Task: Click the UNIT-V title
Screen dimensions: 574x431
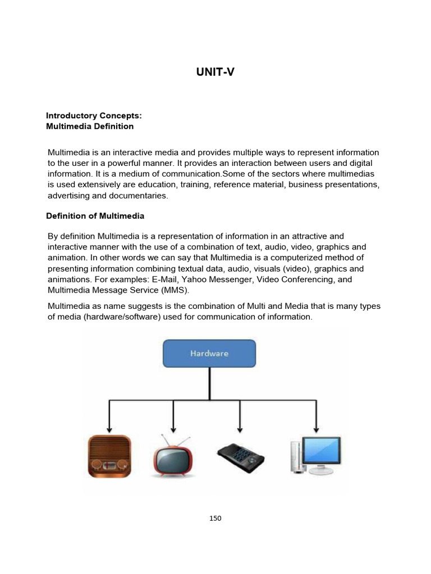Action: point(215,72)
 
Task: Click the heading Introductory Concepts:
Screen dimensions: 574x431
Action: point(94,115)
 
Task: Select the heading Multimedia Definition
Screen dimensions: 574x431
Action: point(90,126)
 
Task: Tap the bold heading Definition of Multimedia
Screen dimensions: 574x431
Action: point(96,216)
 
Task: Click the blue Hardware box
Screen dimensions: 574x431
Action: point(209,354)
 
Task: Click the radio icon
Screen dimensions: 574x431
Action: point(109,455)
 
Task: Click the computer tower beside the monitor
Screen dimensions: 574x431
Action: point(296,457)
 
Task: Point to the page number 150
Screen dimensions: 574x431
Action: point(215,519)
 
